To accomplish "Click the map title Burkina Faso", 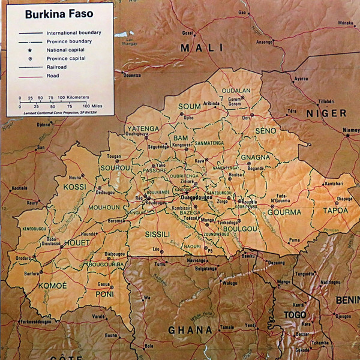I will (59, 13).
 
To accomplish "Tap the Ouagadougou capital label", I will (197, 197).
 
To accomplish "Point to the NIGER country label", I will (326, 113).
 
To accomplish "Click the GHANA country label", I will (190, 330).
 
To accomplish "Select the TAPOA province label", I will (335, 211).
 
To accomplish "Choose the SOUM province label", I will (190, 107).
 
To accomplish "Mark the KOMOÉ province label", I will (53, 286).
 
